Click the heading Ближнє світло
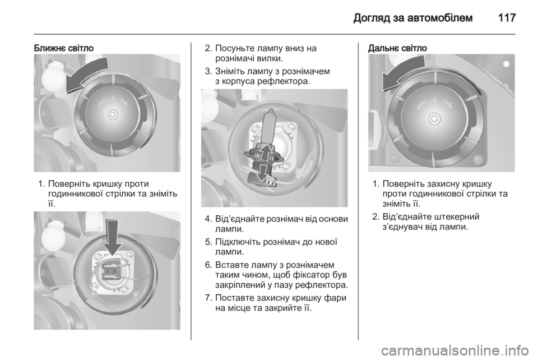[63, 48]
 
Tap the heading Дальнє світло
[397, 48]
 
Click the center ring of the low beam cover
[113, 114]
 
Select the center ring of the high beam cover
[434, 118]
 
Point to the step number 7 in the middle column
[208, 298]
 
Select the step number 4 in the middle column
[208, 219]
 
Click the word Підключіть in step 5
[236, 242]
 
